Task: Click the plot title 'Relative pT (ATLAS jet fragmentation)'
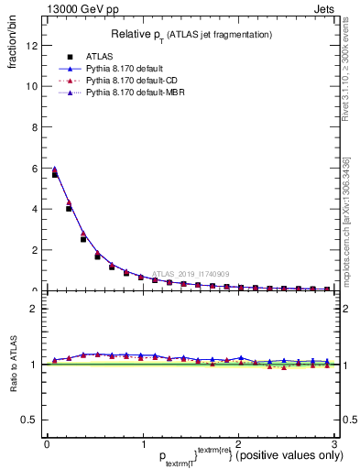click(x=191, y=34)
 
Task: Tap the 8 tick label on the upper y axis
click(x=35, y=127)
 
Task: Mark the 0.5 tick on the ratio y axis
click(x=30, y=420)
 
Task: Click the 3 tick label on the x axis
click(x=334, y=443)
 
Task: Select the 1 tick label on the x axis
click(x=142, y=443)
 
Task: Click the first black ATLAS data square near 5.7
click(x=55, y=174)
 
